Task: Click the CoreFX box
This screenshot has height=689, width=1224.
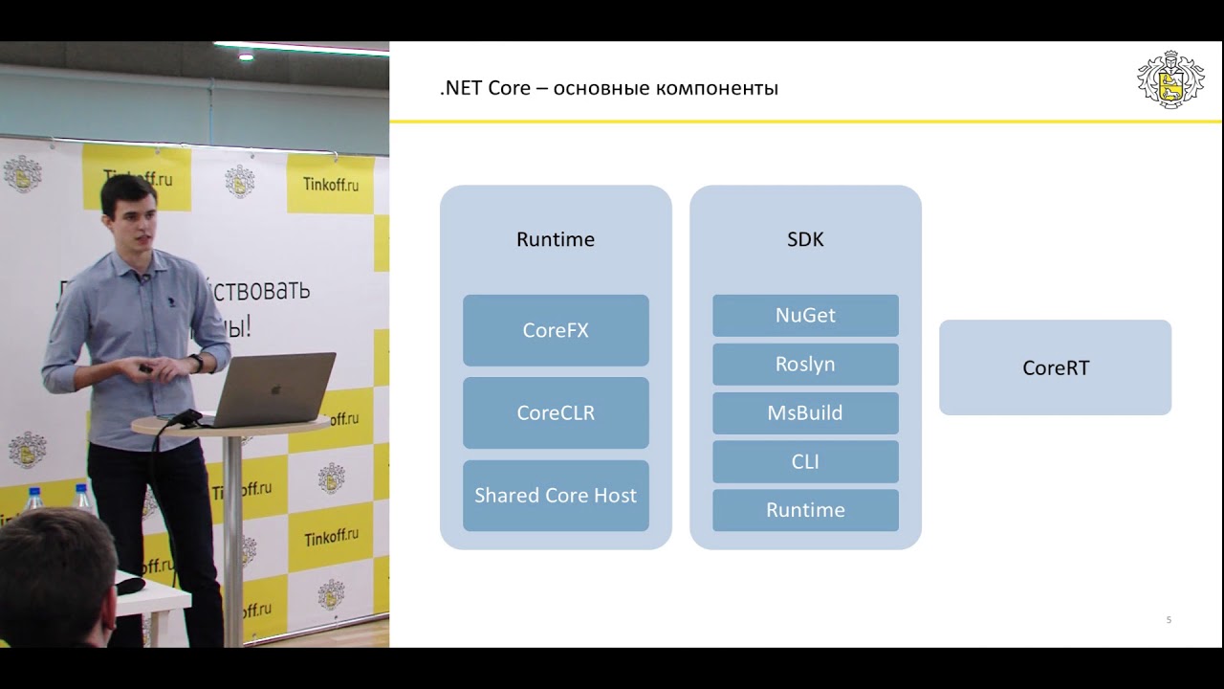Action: tap(556, 330)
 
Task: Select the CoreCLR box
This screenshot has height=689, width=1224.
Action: tap(556, 413)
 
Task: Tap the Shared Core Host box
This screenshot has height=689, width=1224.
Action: tap(556, 496)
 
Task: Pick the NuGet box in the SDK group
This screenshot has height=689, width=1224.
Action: tap(805, 315)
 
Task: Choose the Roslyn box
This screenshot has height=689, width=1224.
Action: tap(805, 364)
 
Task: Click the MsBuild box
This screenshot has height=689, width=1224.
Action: tap(805, 413)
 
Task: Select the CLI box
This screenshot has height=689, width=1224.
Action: tap(805, 461)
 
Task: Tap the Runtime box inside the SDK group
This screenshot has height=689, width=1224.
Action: tap(805, 510)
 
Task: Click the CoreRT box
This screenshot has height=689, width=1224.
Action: tap(1055, 367)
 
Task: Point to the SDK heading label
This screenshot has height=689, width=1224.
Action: tap(805, 239)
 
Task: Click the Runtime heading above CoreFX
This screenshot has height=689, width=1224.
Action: tap(556, 239)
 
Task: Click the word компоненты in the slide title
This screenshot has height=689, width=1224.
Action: tap(716, 89)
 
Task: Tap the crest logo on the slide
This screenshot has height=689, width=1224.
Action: tap(1169, 79)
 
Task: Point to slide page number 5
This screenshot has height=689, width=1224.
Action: tap(1169, 620)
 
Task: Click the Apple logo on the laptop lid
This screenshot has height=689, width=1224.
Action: tap(275, 390)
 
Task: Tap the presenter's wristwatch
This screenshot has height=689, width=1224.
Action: tap(196, 363)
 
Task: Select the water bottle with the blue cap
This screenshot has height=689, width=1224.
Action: tap(34, 500)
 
